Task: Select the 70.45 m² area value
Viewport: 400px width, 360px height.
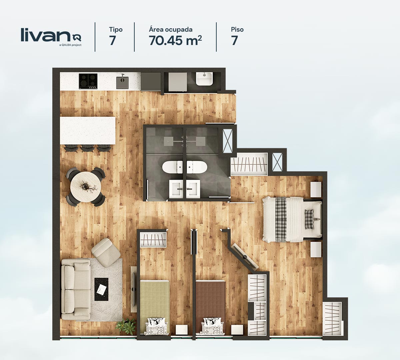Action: [175, 40]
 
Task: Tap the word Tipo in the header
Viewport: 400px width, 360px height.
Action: [116, 30]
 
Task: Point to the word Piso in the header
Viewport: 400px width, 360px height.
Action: [237, 30]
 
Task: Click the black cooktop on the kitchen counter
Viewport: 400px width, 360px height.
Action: [88, 81]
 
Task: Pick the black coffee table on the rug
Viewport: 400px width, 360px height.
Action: [101, 289]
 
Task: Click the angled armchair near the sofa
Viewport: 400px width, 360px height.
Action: [106, 252]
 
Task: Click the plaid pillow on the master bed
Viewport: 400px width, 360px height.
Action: [309, 219]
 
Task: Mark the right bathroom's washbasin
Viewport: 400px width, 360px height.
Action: [193, 189]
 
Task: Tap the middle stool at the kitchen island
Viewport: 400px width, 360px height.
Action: [87, 148]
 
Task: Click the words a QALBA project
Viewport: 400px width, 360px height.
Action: [70, 45]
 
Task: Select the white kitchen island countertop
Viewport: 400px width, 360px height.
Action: [88, 131]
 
